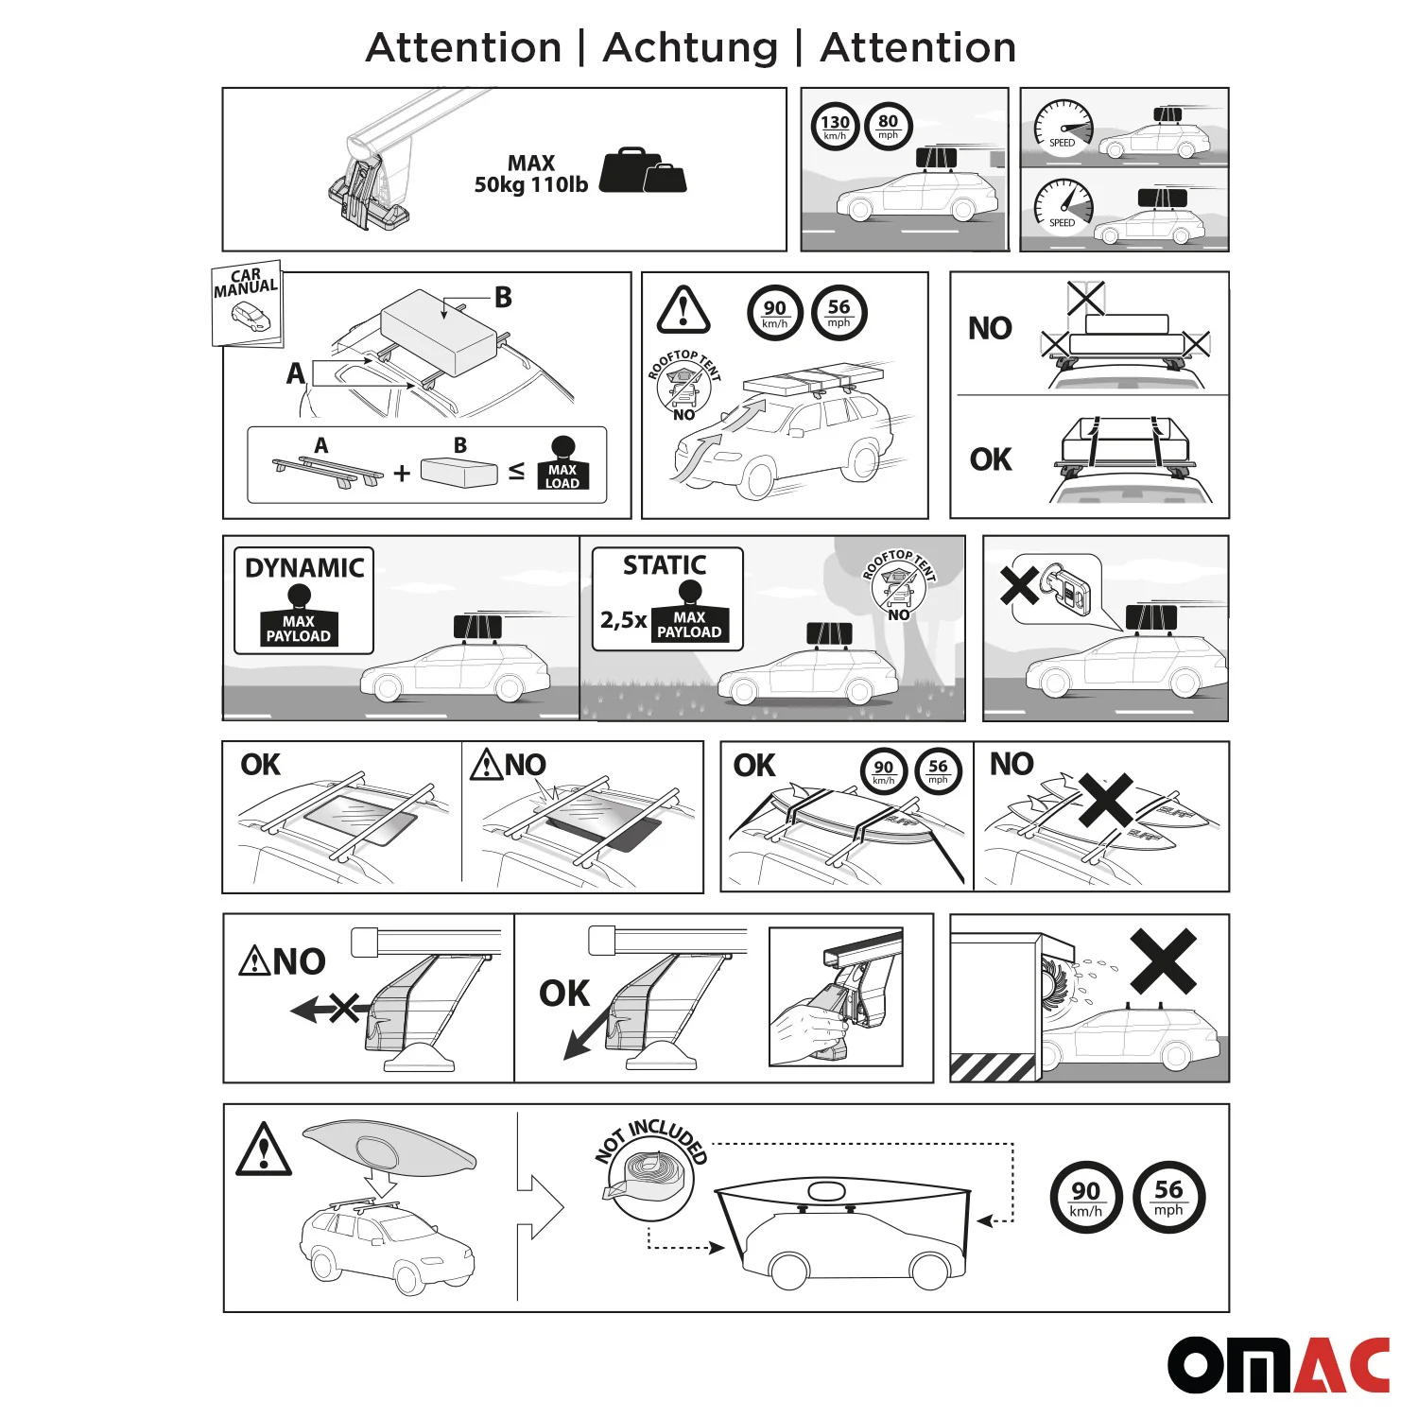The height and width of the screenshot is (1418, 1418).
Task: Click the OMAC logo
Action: (1278, 1364)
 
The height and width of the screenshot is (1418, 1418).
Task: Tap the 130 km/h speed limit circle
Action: (835, 126)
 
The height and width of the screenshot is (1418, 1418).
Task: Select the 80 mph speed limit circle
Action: (888, 126)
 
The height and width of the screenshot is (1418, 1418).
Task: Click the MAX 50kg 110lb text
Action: (530, 174)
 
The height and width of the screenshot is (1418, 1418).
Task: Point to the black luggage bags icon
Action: (643, 171)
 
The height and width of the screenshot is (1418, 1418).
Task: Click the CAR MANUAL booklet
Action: (247, 303)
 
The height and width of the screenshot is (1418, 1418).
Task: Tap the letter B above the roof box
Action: (503, 298)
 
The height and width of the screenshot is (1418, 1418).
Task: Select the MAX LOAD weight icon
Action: (562, 464)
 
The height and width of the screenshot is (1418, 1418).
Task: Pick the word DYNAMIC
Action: (304, 567)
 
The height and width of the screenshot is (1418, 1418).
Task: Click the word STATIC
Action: (665, 565)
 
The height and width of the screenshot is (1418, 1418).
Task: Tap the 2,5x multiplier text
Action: (623, 620)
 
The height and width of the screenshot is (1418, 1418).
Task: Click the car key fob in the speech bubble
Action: (1066, 588)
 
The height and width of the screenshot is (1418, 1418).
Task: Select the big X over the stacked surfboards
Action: (1105, 801)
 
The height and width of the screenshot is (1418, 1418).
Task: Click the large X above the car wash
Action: (1163, 960)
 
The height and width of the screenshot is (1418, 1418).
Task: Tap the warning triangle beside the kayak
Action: (264, 1150)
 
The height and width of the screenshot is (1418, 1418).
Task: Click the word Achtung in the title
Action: (690, 47)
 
